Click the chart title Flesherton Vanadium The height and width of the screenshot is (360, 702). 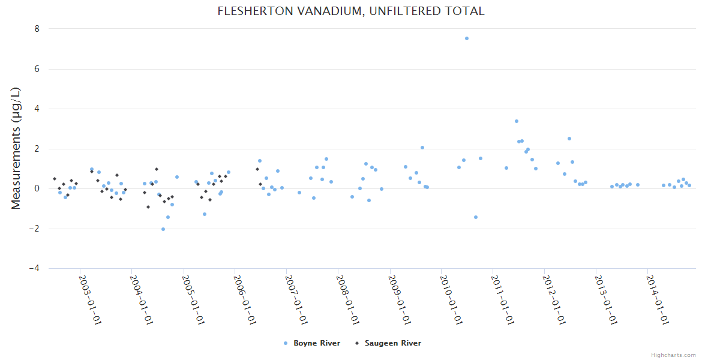pyautogui.click(x=351, y=11)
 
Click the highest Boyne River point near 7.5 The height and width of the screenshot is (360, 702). pyautogui.click(x=467, y=38)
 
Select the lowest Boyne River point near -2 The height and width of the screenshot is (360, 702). pyautogui.click(x=163, y=229)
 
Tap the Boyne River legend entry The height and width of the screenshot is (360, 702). pyautogui.click(x=317, y=343)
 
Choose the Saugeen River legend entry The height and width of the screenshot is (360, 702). pyautogui.click(x=392, y=343)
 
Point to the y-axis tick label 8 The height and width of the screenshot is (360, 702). pyautogui.click(x=37, y=29)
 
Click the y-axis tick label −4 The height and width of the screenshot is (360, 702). pyautogui.click(x=34, y=269)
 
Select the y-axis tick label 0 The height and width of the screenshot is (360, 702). pyautogui.click(x=37, y=188)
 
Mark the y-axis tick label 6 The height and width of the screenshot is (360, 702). pyautogui.click(x=37, y=69)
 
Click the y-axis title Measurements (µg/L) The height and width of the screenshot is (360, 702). pyautogui.click(x=16, y=148)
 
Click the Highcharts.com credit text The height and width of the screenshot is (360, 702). pyautogui.click(x=673, y=355)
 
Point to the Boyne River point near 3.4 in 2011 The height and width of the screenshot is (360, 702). pyautogui.click(x=517, y=121)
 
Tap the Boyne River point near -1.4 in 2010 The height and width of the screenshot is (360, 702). pyautogui.click(x=476, y=217)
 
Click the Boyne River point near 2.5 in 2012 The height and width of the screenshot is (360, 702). pyautogui.click(x=569, y=139)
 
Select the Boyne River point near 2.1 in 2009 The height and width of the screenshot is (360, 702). pyautogui.click(x=422, y=148)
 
